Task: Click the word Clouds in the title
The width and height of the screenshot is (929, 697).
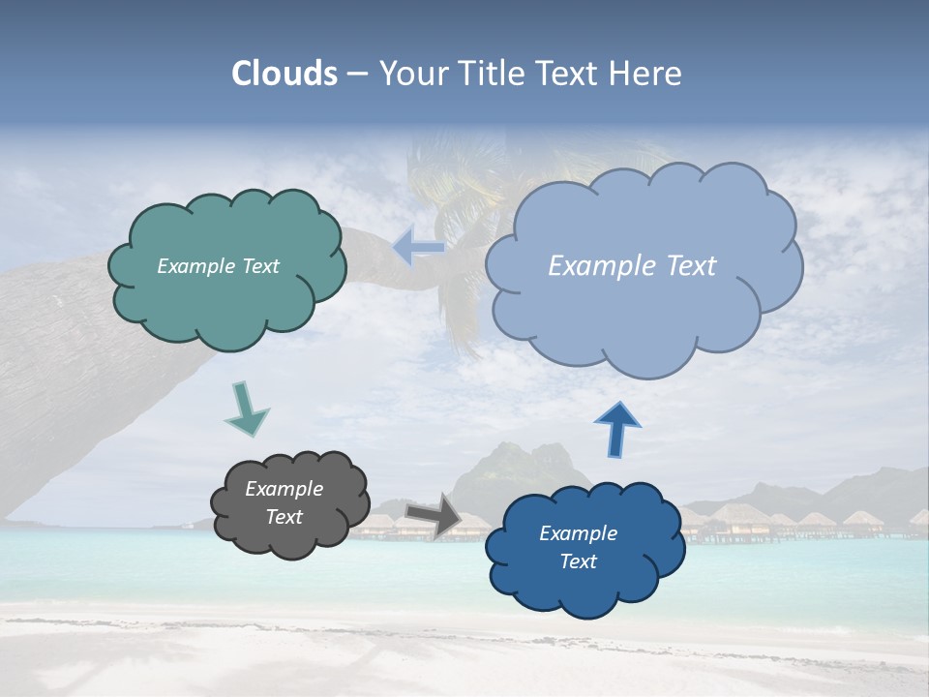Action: (x=284, y=74)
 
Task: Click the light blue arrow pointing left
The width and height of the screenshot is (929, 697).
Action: (x=418, y=248)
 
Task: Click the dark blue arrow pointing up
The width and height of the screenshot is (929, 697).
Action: (x=616, y=428)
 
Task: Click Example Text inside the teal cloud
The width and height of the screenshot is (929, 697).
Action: (x=218, y=266)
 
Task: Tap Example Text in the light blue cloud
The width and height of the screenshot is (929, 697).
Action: (x=632, y=266)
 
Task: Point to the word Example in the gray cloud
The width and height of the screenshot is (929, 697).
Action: (x=284, y=489)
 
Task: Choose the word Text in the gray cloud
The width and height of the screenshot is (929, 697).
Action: (x=284, y=517)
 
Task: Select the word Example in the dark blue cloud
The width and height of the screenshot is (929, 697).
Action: (x=578, y=533)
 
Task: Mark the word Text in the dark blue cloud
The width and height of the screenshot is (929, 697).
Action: (x=578, y=561)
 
